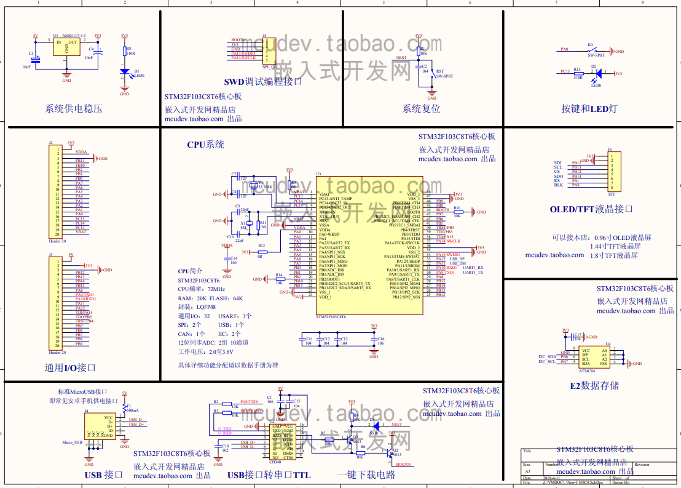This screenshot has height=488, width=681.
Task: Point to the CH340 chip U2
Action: point(282,442)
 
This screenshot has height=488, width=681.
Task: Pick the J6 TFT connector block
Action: point(612,172)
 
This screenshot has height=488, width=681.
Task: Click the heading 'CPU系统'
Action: point(205,145)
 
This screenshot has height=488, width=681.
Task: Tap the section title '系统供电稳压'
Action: point(74,109)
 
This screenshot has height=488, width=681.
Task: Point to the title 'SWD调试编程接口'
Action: point(263,81)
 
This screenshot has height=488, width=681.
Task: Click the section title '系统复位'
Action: point(421,109)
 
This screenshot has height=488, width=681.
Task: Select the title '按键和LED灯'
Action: point(589,109)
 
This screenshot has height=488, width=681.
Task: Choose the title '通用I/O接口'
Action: point(70,368)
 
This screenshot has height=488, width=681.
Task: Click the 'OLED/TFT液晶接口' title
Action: point(591,209)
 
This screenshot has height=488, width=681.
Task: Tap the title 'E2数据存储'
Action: point(594,386)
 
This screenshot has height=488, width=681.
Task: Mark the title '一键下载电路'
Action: point(366,475)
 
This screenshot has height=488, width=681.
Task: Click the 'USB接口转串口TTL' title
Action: point(269,475)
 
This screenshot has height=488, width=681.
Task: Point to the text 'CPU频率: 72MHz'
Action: point(201,289)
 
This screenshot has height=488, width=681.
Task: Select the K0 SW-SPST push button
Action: point(592,50)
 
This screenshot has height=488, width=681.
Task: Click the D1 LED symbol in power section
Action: point(125,72)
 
